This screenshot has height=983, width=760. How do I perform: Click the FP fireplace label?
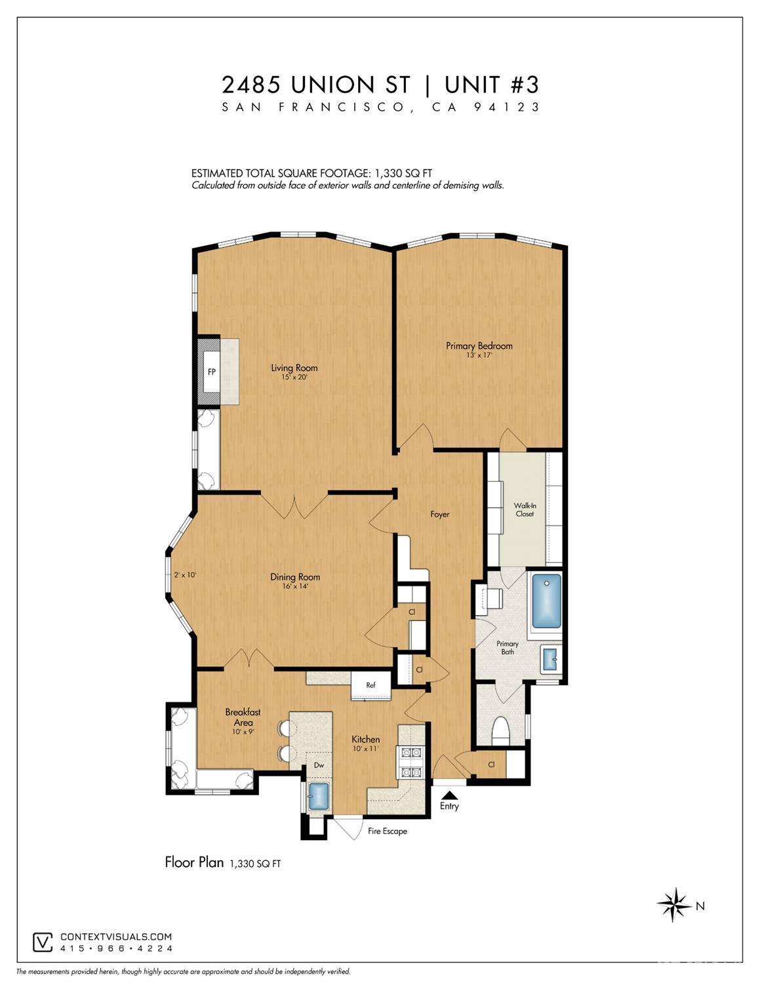click(211, 372)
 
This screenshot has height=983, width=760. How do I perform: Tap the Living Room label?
click(294, 368)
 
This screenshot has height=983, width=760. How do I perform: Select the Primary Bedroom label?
click(479, 346)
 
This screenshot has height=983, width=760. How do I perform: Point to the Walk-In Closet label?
click(525, 510)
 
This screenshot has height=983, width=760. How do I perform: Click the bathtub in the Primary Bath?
click(547, 600)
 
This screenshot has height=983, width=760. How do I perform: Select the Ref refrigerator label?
click(370, 685)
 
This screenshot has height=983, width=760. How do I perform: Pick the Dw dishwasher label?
click(319, 765)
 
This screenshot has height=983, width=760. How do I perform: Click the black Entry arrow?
click(449, 795)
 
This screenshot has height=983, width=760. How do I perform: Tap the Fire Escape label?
click(388, 831)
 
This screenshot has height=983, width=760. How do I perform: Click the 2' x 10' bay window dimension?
click(185, 575)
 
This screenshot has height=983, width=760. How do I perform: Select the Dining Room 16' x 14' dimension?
click(295, 586)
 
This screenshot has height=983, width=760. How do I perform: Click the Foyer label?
click(440, 514)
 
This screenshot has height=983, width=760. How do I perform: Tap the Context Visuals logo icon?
click(43, 942)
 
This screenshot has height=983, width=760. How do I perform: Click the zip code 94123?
click(507, 107)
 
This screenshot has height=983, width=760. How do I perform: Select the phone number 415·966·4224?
click(116, 948)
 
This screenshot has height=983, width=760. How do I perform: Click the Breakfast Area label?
click(243, 717)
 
